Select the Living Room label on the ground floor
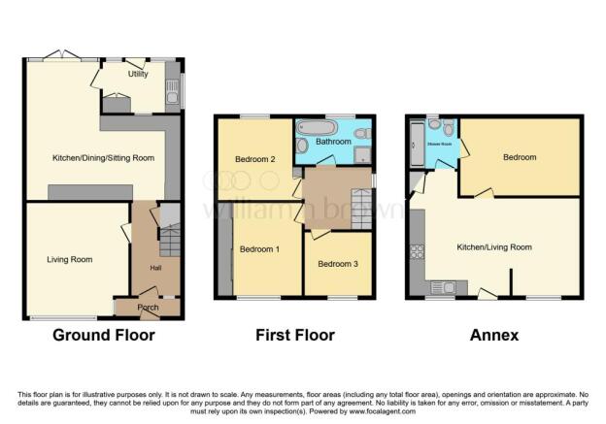pyautogui.click(x=69, y=259)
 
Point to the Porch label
pyautogui.click(x=148, y=308)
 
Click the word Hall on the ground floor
pyautogui.click(x=155, y=267)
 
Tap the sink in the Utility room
pyautogui.click(x=171, y=94)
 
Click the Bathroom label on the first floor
pyautogui.click(x=332, y=142)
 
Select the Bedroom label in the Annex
pyautogui.click(x=519, y=156)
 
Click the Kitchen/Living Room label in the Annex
pyautogui.click(x=494, y=247)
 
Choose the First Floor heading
pyautogui.click(x=295, y=336)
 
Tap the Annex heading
pyautogui.click(x=495, y=336)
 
